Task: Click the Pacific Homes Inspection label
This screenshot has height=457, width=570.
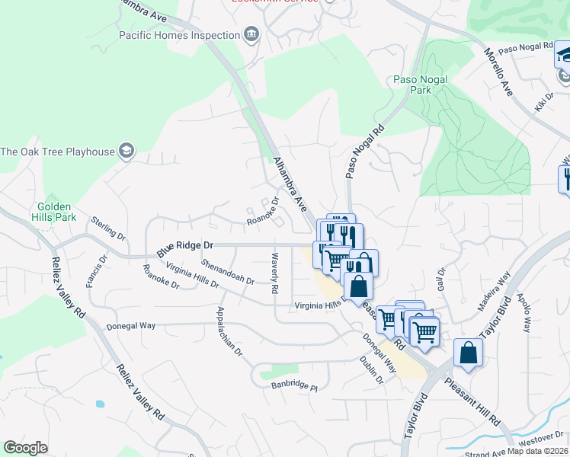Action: click(179, 35)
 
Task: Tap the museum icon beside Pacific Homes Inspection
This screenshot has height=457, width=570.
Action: click(251, 35)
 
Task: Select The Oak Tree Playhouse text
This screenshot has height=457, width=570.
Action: click(57, 152)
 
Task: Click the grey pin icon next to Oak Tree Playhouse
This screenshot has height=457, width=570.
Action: click(127, 152)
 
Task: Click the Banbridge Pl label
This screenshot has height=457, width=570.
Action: click(294, 386)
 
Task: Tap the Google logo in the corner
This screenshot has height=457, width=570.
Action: click(25, 448)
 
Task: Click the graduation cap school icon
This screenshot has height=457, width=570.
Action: click(564, 55)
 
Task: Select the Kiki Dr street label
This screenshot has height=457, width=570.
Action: click(543, 101)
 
